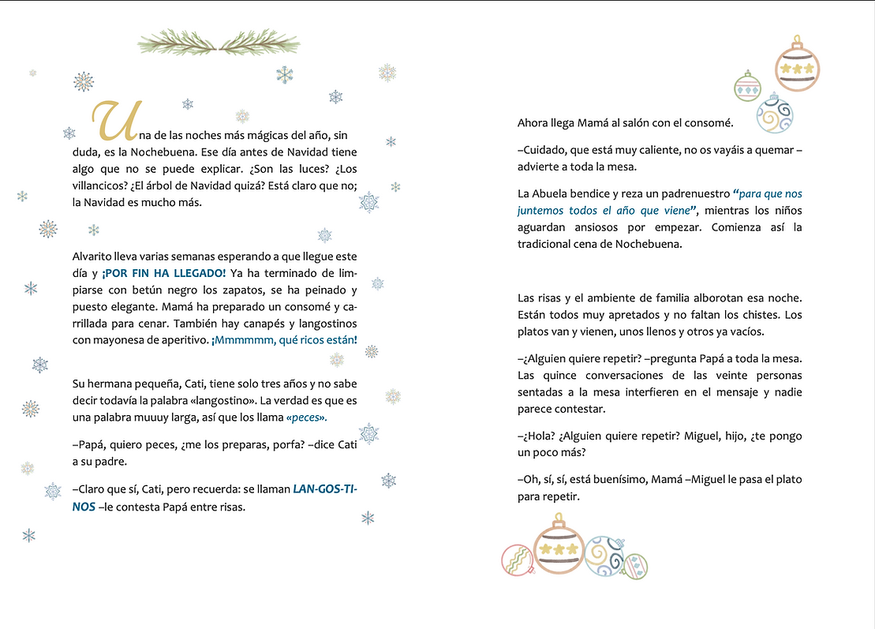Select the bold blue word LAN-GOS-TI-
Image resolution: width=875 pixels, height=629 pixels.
coord(325,489)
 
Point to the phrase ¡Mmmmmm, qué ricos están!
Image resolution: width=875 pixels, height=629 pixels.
coord(284,340)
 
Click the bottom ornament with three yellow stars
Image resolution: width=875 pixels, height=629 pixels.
coord(558,548)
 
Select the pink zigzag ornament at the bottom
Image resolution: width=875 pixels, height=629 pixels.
coord(518,560)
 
